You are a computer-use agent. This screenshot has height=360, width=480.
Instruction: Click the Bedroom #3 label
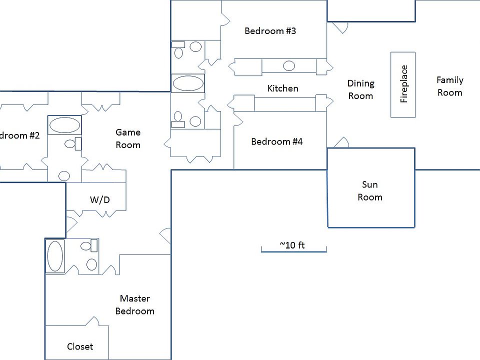click(x=270, y=31)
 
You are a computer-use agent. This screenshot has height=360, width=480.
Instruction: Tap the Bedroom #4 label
click(x=276, y=141)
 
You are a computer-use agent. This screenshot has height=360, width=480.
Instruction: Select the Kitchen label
click(x=282, y=88)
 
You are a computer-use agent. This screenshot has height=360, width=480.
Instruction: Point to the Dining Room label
click(x=360, y=89)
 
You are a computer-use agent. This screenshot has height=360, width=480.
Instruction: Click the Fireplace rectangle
click(x=403, y=84)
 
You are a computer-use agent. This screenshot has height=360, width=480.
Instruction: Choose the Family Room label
click(x=449, y=86)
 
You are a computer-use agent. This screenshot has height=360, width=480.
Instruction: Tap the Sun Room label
click(x=370, y=190)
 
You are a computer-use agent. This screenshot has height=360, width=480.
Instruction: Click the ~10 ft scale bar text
click(x=292, y=245)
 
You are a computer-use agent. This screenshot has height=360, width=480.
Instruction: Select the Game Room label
click(x=128, y=138)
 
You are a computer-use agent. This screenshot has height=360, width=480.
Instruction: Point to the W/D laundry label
click(x=99, y=200)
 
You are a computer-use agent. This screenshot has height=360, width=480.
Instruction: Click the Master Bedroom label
click(x=134, y=304)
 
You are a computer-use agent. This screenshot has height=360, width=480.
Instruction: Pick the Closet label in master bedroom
click(x=80, y=346)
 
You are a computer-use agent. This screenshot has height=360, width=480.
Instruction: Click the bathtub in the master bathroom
click(x=55, y=256)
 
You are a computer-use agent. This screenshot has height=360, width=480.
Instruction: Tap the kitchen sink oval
click(x=289, y=65)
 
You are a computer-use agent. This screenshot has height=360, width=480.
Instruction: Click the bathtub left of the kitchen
click(x=187, y=83)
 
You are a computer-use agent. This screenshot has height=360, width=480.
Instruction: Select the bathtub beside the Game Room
click(x=64, y=125)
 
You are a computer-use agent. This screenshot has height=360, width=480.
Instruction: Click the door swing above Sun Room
click(x=341, y=143)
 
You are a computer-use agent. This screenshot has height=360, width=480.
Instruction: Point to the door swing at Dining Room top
click(x=340, y=27)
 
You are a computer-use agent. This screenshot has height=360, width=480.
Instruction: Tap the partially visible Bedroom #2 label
click(x=20, y=135)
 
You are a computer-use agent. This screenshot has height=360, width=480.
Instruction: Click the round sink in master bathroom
click(x=92, y=264)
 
